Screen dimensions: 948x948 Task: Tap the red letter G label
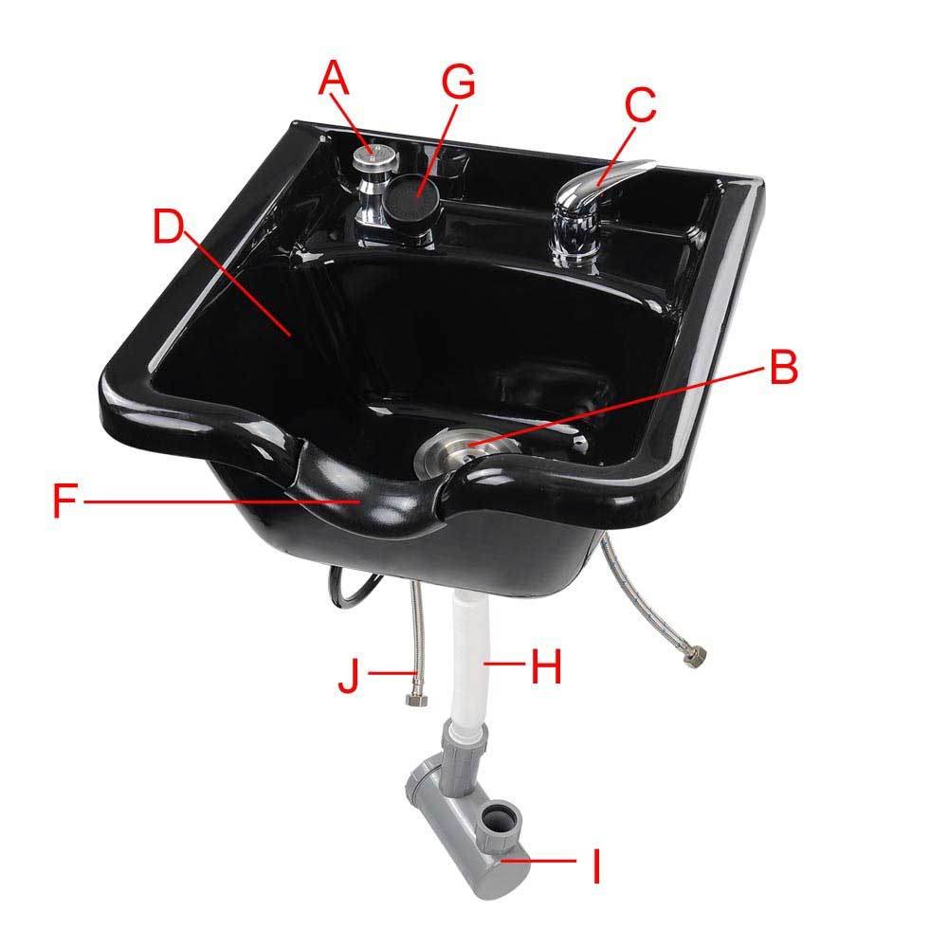pos(458,82)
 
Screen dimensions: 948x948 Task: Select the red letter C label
pos(640,104)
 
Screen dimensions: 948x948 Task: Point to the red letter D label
pos(168,227)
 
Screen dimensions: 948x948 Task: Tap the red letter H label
pos(546,665)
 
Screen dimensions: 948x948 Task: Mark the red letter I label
pos(596,866)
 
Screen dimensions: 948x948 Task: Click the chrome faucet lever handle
pos(605,181)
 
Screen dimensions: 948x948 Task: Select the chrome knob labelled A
pos(375,157)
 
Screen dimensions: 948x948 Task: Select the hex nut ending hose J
pos(416,702)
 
